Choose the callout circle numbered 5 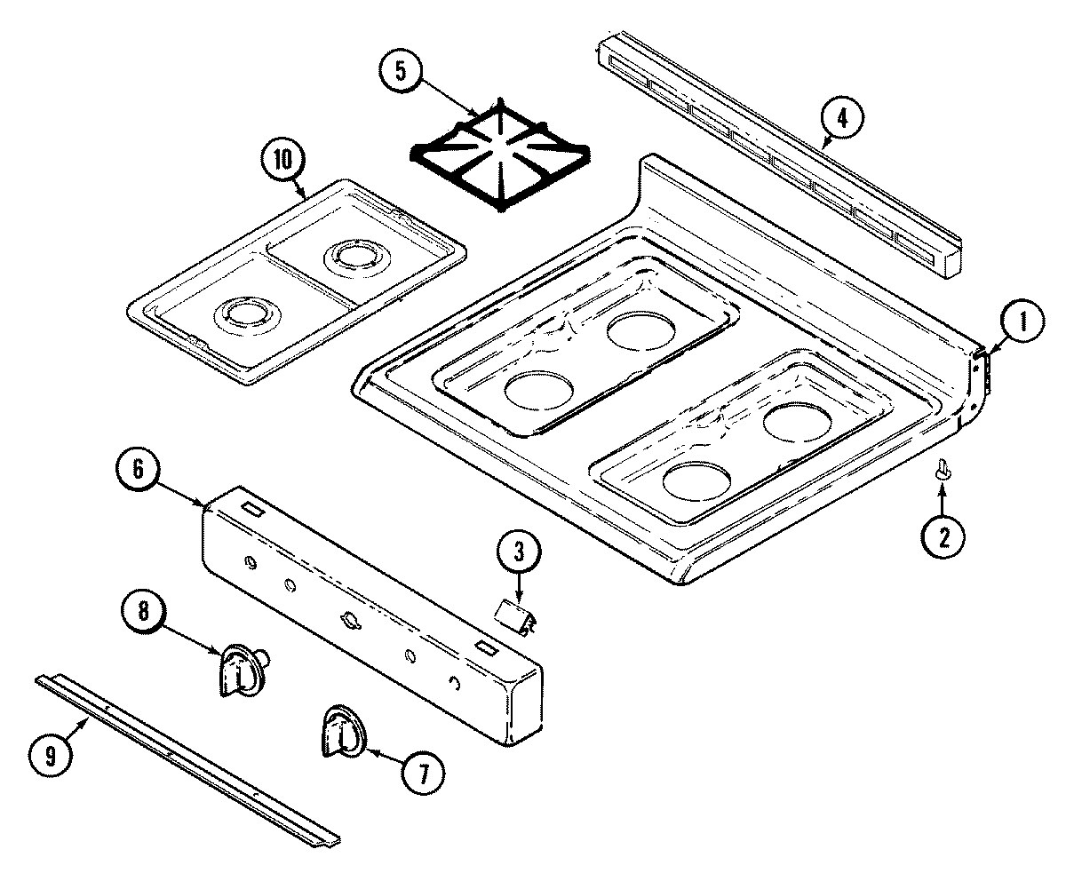point(402,72)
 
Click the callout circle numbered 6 point(139,469)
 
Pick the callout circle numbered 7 point(422,774)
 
